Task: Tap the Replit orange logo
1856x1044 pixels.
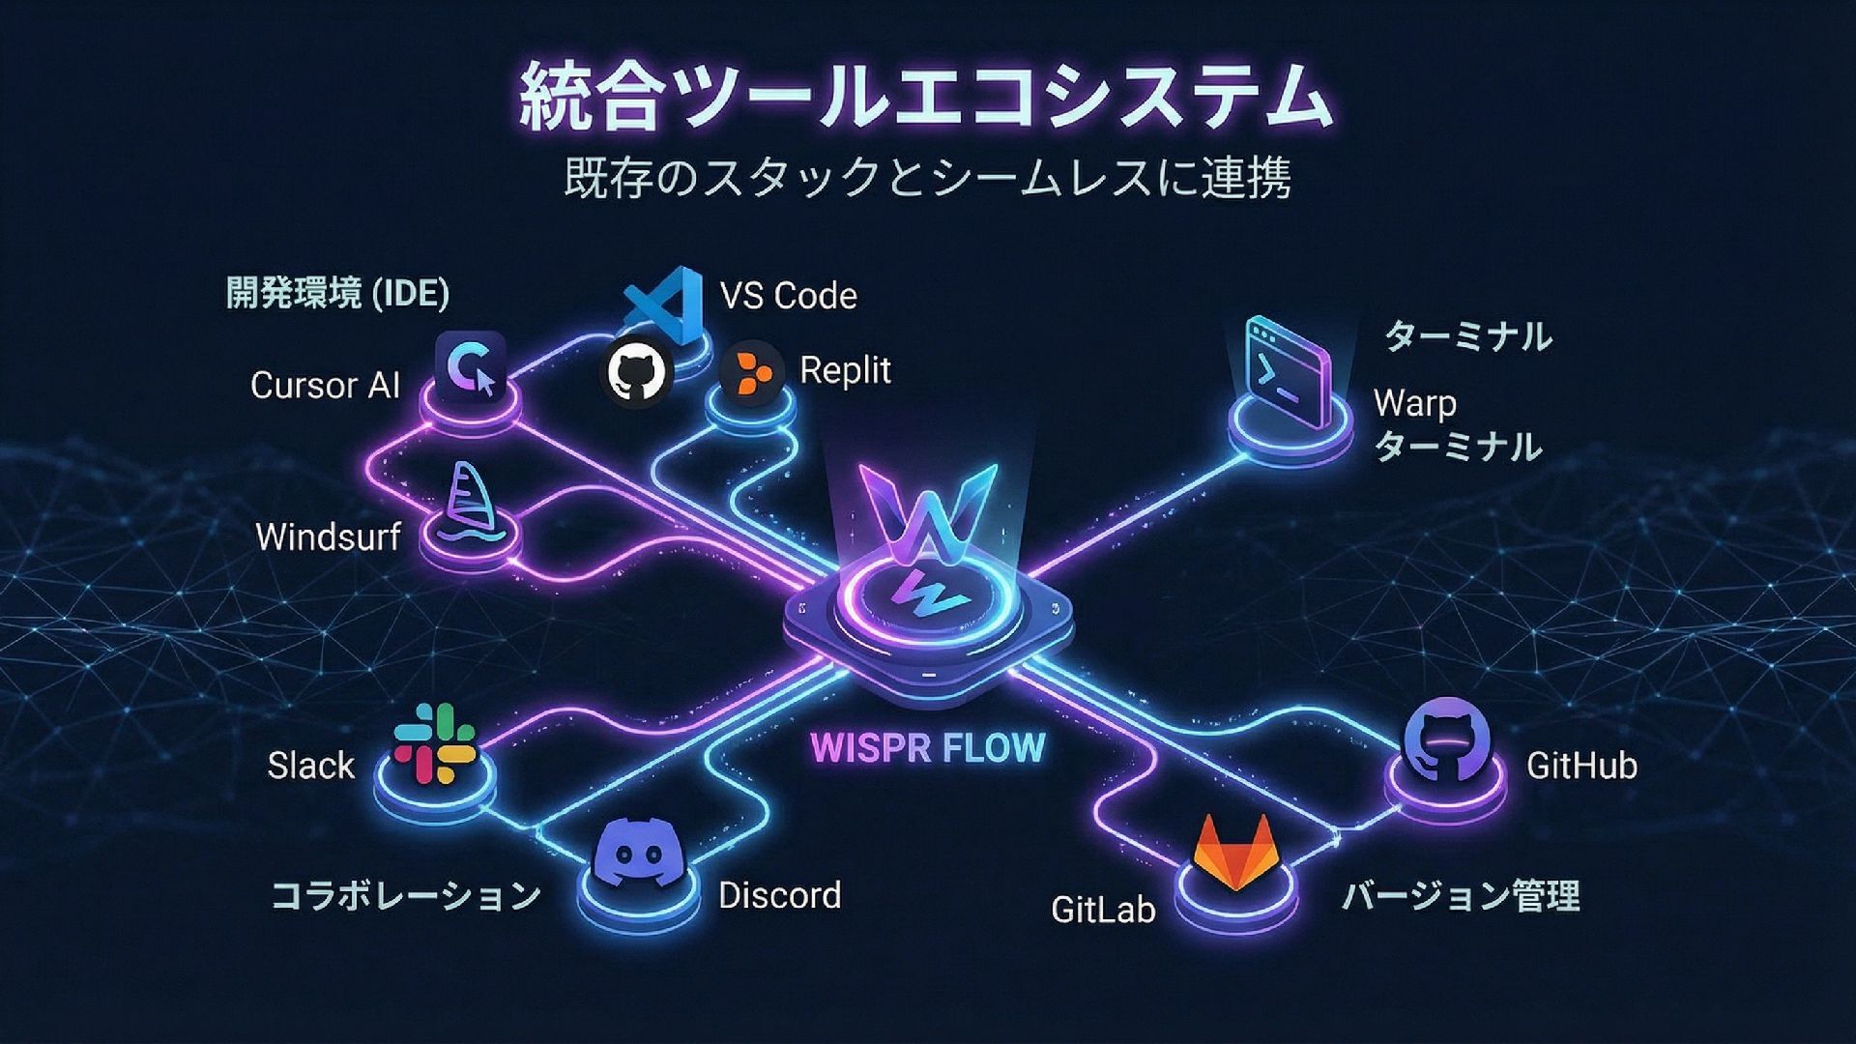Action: pos(752,370)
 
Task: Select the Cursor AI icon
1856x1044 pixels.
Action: pos(471,367)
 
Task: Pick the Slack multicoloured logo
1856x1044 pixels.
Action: pos(435,742)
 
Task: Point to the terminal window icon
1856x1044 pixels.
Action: pos(1287,373)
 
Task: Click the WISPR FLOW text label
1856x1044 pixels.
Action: pos(928,747)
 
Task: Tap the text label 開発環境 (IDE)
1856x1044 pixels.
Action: pos(337,293)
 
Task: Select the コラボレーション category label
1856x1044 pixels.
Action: pos(406,895)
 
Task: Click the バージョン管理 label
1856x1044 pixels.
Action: pos(1460,895)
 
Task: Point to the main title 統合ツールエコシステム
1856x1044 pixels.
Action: pos(926,98)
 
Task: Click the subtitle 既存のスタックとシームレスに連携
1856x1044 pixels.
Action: pos(927,179)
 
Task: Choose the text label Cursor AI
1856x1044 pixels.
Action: pos(325,385)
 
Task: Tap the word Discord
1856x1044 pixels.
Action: pos(779,895)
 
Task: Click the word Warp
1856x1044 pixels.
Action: pos(1414,403)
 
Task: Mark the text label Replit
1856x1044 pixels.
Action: pos(845,370)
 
